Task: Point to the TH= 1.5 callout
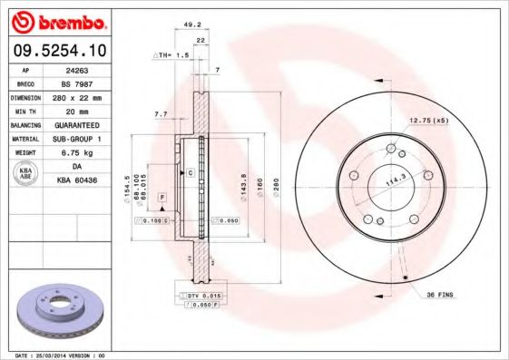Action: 171,54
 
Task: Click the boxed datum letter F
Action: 162,196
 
